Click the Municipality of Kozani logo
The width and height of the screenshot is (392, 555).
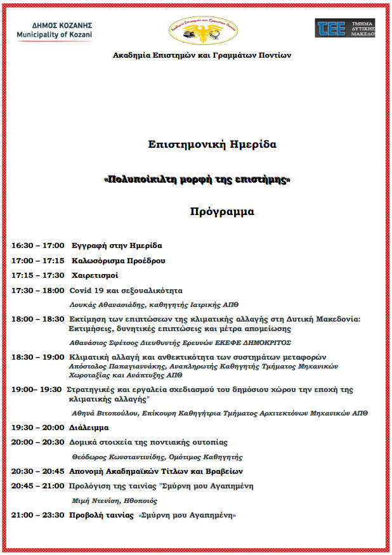pos(55,29)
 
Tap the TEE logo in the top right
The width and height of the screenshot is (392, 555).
pos(345,27)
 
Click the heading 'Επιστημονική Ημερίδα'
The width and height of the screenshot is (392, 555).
pos(212,145)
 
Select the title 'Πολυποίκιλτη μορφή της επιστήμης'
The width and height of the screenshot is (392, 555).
pos(197,180)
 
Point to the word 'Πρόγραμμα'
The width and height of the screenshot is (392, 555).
pos(222,212)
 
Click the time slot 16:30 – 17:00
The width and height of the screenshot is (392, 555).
pos(37,245)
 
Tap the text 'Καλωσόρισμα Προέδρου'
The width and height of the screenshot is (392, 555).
pos(118,261)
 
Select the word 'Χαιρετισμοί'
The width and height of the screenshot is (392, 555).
pos(95,275)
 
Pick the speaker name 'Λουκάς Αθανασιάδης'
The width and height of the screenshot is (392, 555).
pos(104,304)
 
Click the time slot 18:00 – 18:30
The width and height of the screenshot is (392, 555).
pos(37,320)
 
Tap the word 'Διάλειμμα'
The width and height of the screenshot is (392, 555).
pos(89,428)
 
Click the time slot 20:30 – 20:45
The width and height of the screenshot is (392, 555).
pos(37,471)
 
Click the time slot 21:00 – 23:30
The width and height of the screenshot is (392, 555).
pos(37,515)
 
